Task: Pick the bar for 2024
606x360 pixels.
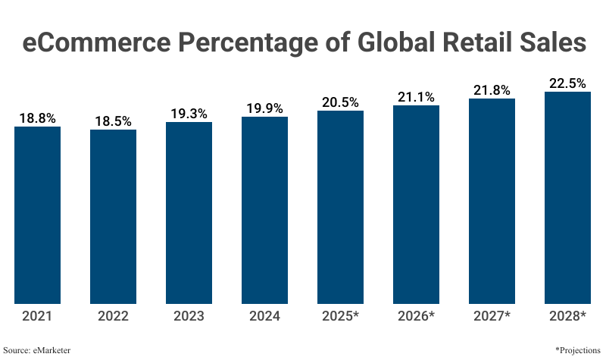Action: pyautogui.click(x=265, y=210)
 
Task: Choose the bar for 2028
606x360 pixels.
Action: pyautogui.click(x=567, y=198)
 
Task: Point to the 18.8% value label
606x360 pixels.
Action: pyautogui.click(x=38, y=118)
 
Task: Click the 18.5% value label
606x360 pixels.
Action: pyautogui.click(x=114, y=121)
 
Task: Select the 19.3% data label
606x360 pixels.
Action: pyautogui.click(x=189, y=114)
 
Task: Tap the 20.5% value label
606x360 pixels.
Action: pyautogui.click(x=340, y=102)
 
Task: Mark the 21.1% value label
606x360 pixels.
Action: pyautogui.click(x=416, y=97)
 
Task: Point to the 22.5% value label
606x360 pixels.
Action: pyautogui.click(x=567, y=83)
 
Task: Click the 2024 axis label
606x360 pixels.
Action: pyautogui.click(x=265, y=315)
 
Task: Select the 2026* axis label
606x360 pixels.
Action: pyautogui.click(x=416, y=315)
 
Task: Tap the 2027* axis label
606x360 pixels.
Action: pyautogui.click(x=492, y=315)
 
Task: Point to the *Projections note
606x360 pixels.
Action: pyautogui.click(x=578, y=350)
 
